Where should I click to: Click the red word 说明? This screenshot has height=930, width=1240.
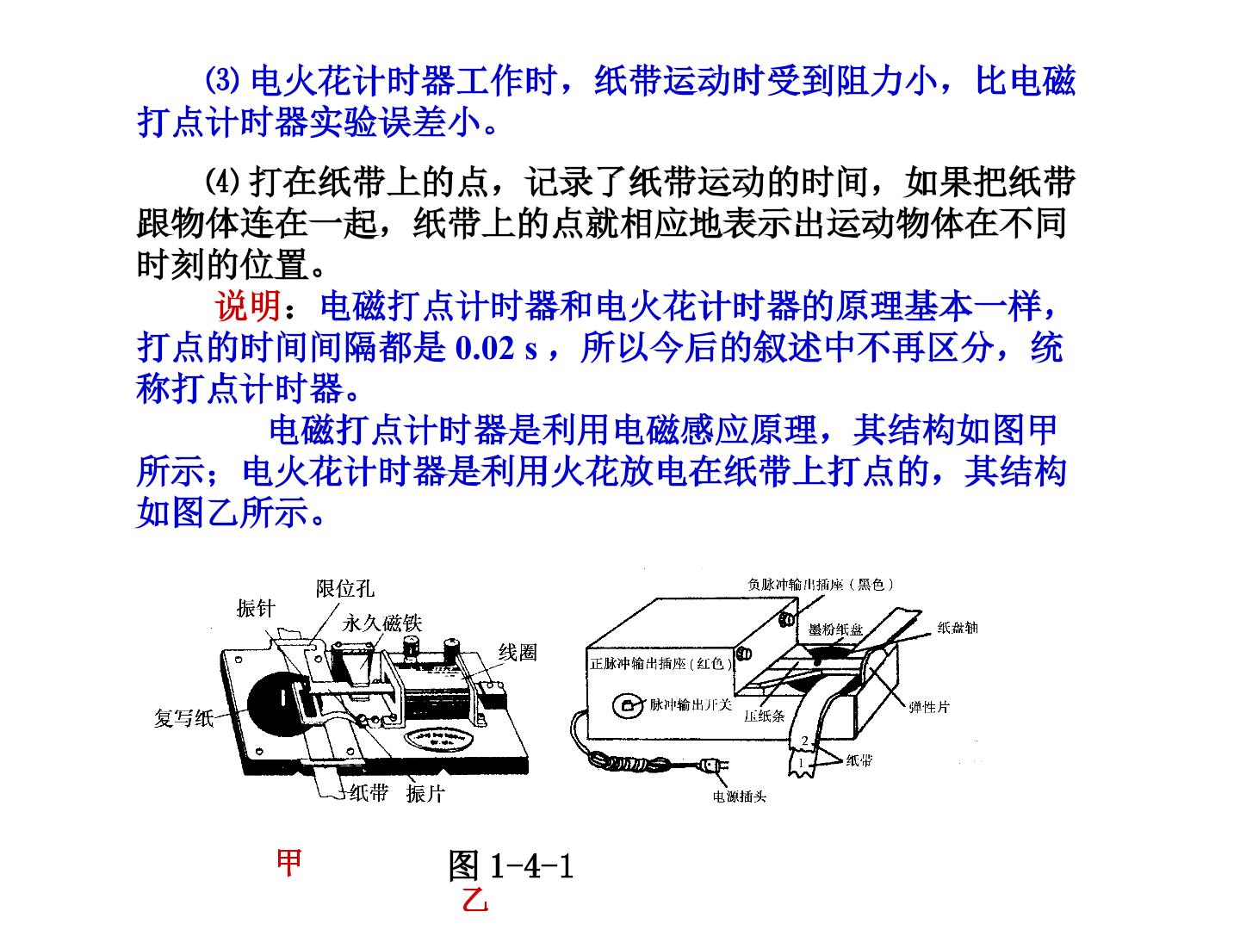(x=247, y=307)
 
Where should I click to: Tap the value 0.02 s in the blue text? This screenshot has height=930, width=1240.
(x=496, y=348)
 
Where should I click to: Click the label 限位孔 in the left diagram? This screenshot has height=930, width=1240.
(x=344, y=589)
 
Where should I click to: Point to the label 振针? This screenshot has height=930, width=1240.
(x=256, y=609)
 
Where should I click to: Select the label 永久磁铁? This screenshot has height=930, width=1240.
(x=381, y=623)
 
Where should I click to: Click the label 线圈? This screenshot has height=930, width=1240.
(x=518, y=653)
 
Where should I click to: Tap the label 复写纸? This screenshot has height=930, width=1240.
(x=184, y=718)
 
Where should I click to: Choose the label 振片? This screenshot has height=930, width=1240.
(x=425, y=794)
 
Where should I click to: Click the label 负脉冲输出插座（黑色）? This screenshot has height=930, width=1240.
(x=821, y=585)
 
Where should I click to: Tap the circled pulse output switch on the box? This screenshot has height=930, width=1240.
(x=627, y=705)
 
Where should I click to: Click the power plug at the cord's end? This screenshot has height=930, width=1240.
(x=714, y=766)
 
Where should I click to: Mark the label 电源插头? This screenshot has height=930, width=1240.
(x=740, y=797)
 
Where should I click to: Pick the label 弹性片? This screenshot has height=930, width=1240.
(x=929, y=707)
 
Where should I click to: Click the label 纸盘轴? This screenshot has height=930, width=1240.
(x=958, y=628)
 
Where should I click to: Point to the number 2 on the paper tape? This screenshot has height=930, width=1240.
(x=805, y=741)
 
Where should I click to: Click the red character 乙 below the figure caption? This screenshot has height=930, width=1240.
(x=474, y=901)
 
